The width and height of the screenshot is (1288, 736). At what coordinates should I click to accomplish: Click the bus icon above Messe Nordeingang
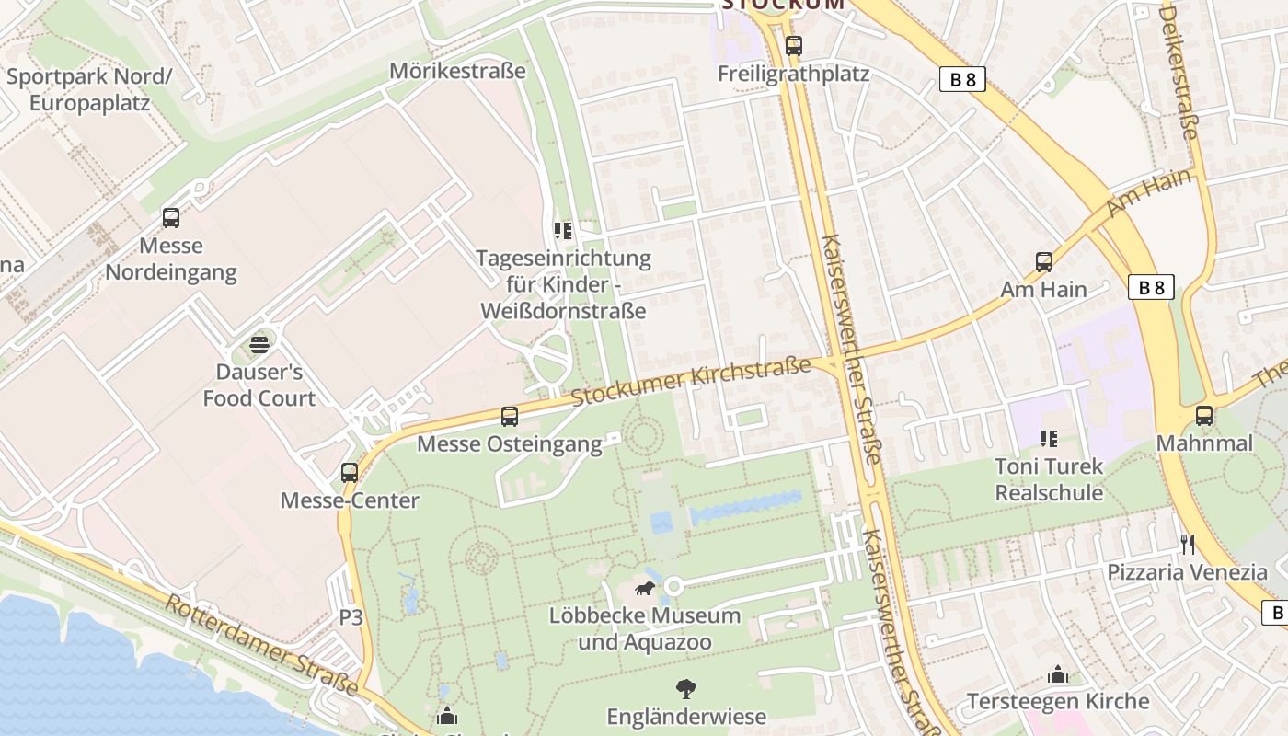pyautogui.click(x=171, y=218)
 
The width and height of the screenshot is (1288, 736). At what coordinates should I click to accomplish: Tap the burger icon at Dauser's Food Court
pyautogui.click(x=259, y=345)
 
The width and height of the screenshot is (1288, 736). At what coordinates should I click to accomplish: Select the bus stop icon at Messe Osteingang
pyautogui.click(x=510, y=417)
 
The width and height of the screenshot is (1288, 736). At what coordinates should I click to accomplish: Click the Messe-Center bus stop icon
pyautogui.click(x=350, y=473)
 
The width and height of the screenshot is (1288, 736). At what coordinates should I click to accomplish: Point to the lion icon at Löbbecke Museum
pyautogui.click(x=645, y=589)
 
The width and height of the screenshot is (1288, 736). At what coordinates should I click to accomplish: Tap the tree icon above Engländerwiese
pyautogui.click(x=685, y=689)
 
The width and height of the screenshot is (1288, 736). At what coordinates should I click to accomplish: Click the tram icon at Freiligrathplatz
pyautogui.click(x=793, y=45)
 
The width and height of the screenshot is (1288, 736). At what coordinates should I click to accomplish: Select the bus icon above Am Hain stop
pyautogui.click(x=1044, y=262)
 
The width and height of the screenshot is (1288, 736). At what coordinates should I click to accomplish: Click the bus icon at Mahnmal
pyautogui.click(x=1204, y=416)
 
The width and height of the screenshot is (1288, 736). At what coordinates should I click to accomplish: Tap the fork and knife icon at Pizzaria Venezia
pyautogui.click(x=1188, y=545)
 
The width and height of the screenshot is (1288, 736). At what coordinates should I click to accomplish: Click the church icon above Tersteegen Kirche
pyautogui.click(x=1058, y=674)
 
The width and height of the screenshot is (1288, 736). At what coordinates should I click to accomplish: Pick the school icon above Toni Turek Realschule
pyautogui.click(x=1049, y=439)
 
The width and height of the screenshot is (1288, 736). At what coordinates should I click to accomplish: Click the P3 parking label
pyautogui.click(x=351, y=617)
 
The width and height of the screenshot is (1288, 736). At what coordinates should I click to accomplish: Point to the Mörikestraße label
pyautogui.click(x=457, y=71)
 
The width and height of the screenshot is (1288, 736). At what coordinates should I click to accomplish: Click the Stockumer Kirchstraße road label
pyautogui.click(x=690, y=382)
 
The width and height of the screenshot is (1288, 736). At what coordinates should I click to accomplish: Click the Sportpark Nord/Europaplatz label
pyautogui.click(x=89, y=89)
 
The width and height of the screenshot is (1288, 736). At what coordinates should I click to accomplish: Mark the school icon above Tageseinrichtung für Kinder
pyautogui.click(x=562, y=230)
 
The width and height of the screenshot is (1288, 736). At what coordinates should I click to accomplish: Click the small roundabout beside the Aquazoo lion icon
pyautogui.click(x=674, y=586)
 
